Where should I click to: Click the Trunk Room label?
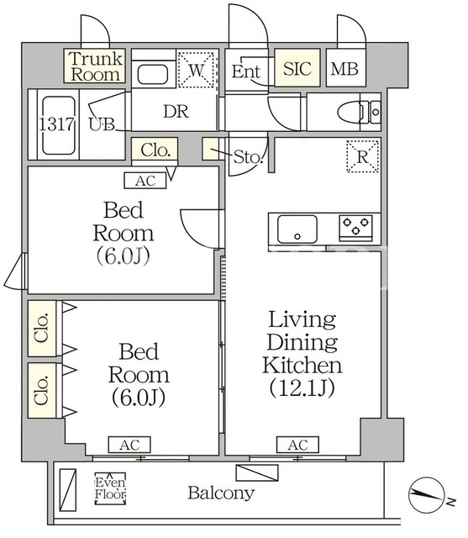pos(95,66)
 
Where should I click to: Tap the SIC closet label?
pos(297,69)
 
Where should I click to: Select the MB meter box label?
pos(344,69)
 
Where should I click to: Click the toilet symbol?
pos(359,112)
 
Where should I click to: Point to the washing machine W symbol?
pos(196,70)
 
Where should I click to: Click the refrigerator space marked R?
pos(362,156)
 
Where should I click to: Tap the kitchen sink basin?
pos(297,229)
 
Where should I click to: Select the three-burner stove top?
pos(356,227)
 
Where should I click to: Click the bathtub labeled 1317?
pos(58,125)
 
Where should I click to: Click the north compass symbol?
pos(427,495)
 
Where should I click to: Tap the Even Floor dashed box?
pos(110,488)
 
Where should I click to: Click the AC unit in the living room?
pos(298,445)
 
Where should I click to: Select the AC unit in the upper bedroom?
pos(145,181)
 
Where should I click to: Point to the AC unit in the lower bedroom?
pos(129,445)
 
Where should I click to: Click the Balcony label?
pos(221,493)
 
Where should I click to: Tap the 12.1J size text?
pos(302,388)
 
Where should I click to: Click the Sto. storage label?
pos(248,157)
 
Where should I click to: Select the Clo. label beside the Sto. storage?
pos(155,150)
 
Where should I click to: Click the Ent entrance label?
pos(246,71)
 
